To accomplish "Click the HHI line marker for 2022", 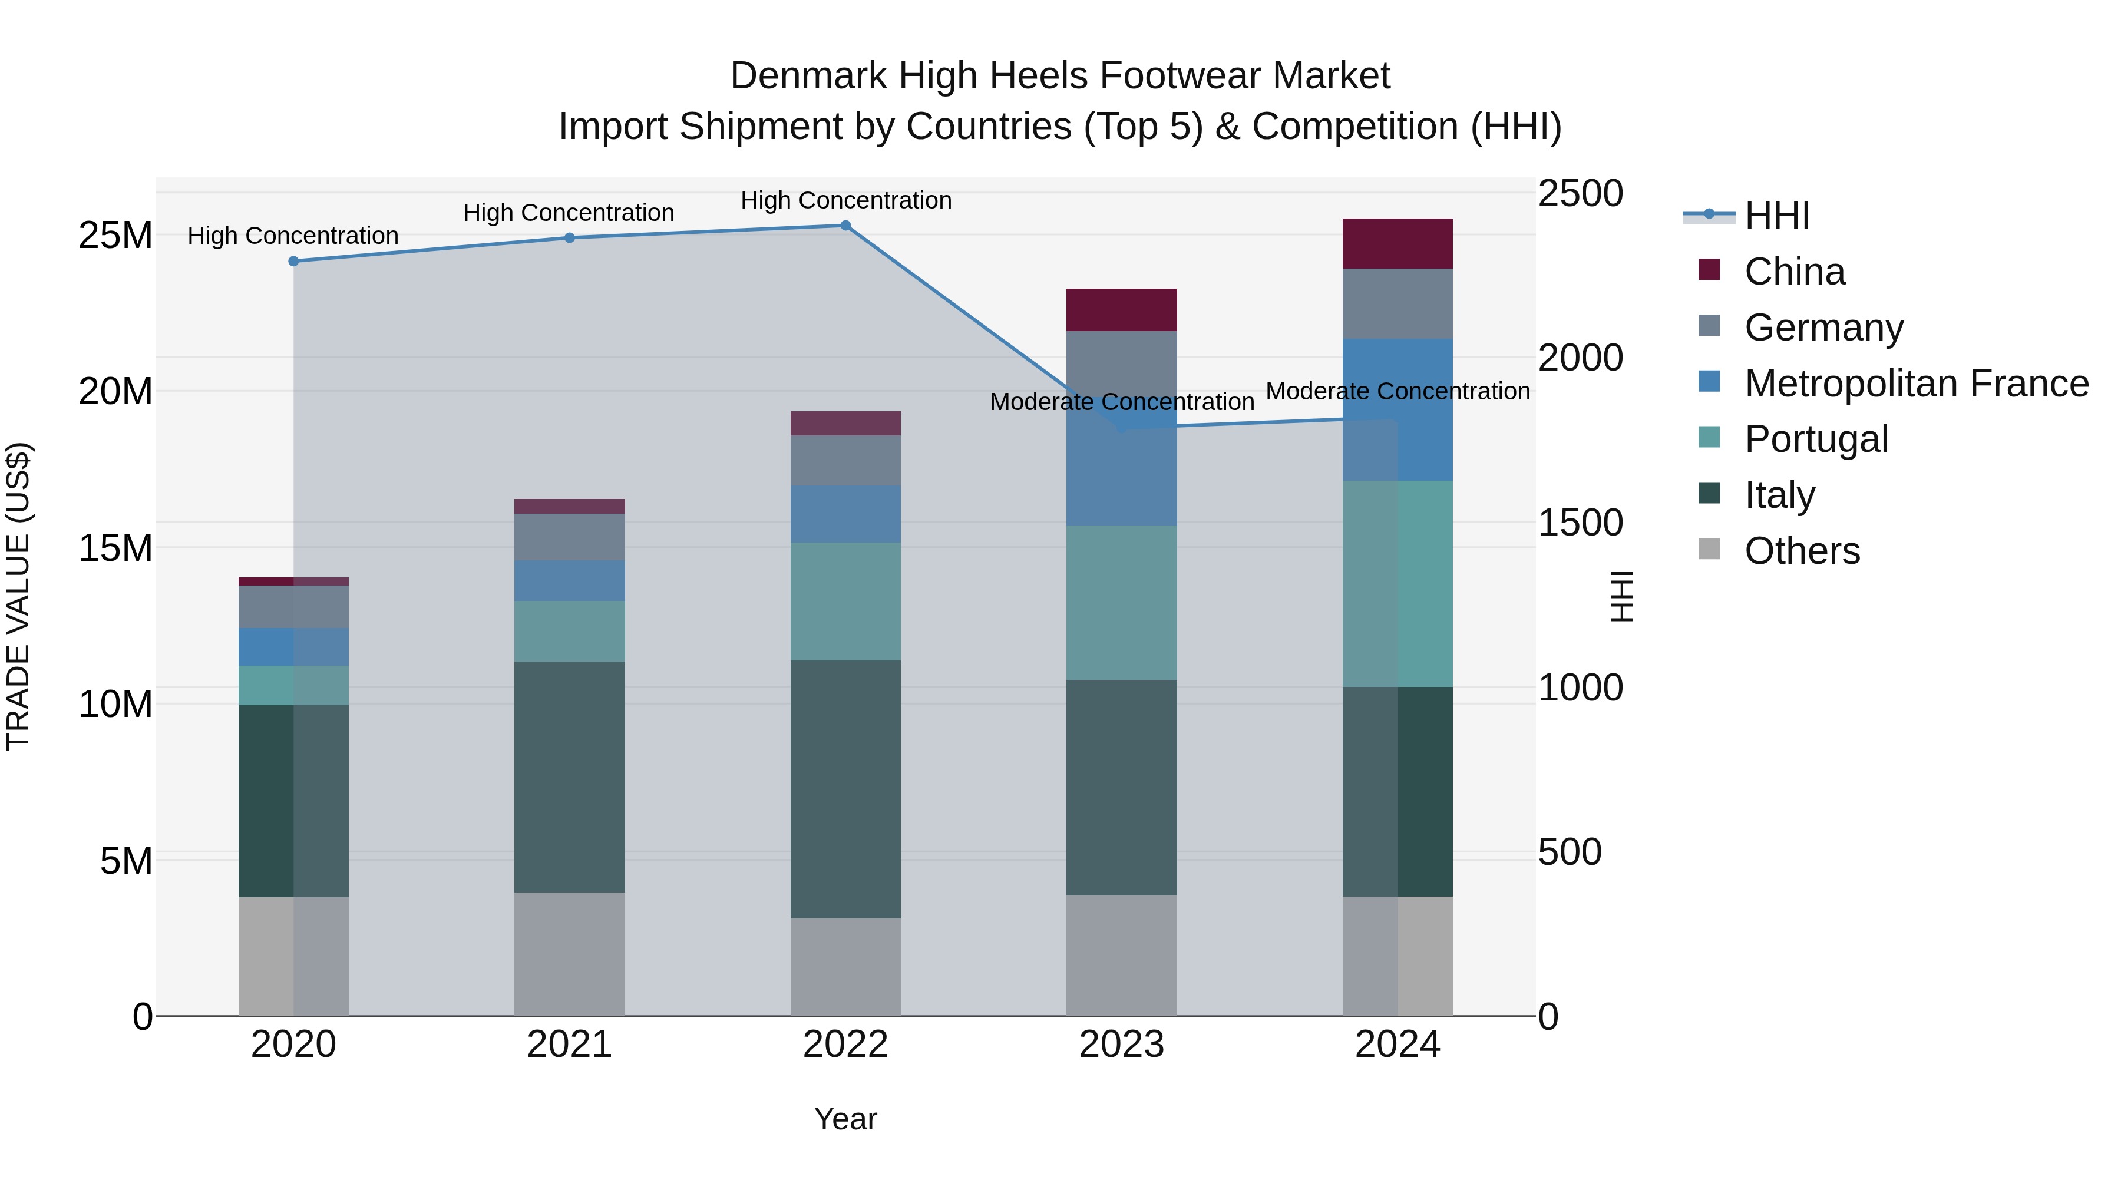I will pyautogui.click(x=845, y=226).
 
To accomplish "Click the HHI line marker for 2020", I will pyautogui.click(x=293, y=261).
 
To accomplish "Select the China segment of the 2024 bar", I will pyautogui.click(x=1398, y=244).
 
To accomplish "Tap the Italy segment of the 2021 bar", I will pyautogui.click(x=569, y=776).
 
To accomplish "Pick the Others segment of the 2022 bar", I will pyautogui.click(x=845, y=967).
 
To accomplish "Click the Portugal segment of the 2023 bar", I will pyautogui.click(x=1121, y=603).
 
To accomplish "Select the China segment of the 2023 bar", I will pyautogui.click(x=1121, y=309).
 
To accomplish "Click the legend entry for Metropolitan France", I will pyautogui.click(x=1916, y=383).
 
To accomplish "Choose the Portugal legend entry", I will pyautogui.click(x=1816, y=439).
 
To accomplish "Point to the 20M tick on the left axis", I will pyautogui.click(x=115, y=391).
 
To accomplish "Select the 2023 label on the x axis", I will pyautogui.click(x=1121, y=1045).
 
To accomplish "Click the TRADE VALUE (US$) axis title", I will pyautogui.click(x=18, y=596).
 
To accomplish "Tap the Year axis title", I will pyautogui.click(x=845, y=1119).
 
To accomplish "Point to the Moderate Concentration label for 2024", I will pyautogui.click(x=1398, y=391).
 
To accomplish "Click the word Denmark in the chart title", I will pyautogui.click(x=808, y=76).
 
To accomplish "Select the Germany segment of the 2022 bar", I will pyautogui.click(x=845, y=460).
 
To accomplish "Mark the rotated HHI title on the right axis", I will pyautogui.click(x=1621, y=596).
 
